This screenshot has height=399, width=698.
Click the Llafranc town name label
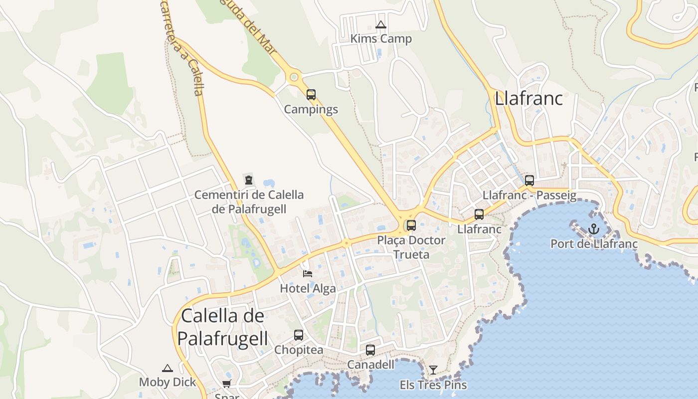[528, 98]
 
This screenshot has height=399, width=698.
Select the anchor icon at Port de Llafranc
[593, 229]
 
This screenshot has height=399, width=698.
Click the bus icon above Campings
[311, 94]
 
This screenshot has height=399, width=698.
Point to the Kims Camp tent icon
[381, 24]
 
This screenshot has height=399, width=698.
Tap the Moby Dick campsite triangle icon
[168, 368]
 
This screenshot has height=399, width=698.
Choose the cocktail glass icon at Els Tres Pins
[433, 370]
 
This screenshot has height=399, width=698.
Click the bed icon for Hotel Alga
[308, 273]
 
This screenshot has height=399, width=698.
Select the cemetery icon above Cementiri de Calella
[248, 180]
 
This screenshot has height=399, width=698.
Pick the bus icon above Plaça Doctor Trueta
[411, 225]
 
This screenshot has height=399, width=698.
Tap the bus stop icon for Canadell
[370, 350]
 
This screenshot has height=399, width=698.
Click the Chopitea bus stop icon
[298, 335]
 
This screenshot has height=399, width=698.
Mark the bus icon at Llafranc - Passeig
[529, 181]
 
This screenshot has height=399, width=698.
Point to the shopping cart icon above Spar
[226, 384]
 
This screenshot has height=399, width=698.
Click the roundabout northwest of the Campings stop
[294, 77]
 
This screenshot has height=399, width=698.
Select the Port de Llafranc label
[594, 244]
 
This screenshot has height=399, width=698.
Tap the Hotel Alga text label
[308, 288]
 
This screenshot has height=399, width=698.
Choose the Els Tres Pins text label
[433, 385]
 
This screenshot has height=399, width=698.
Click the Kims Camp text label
[381, 39]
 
